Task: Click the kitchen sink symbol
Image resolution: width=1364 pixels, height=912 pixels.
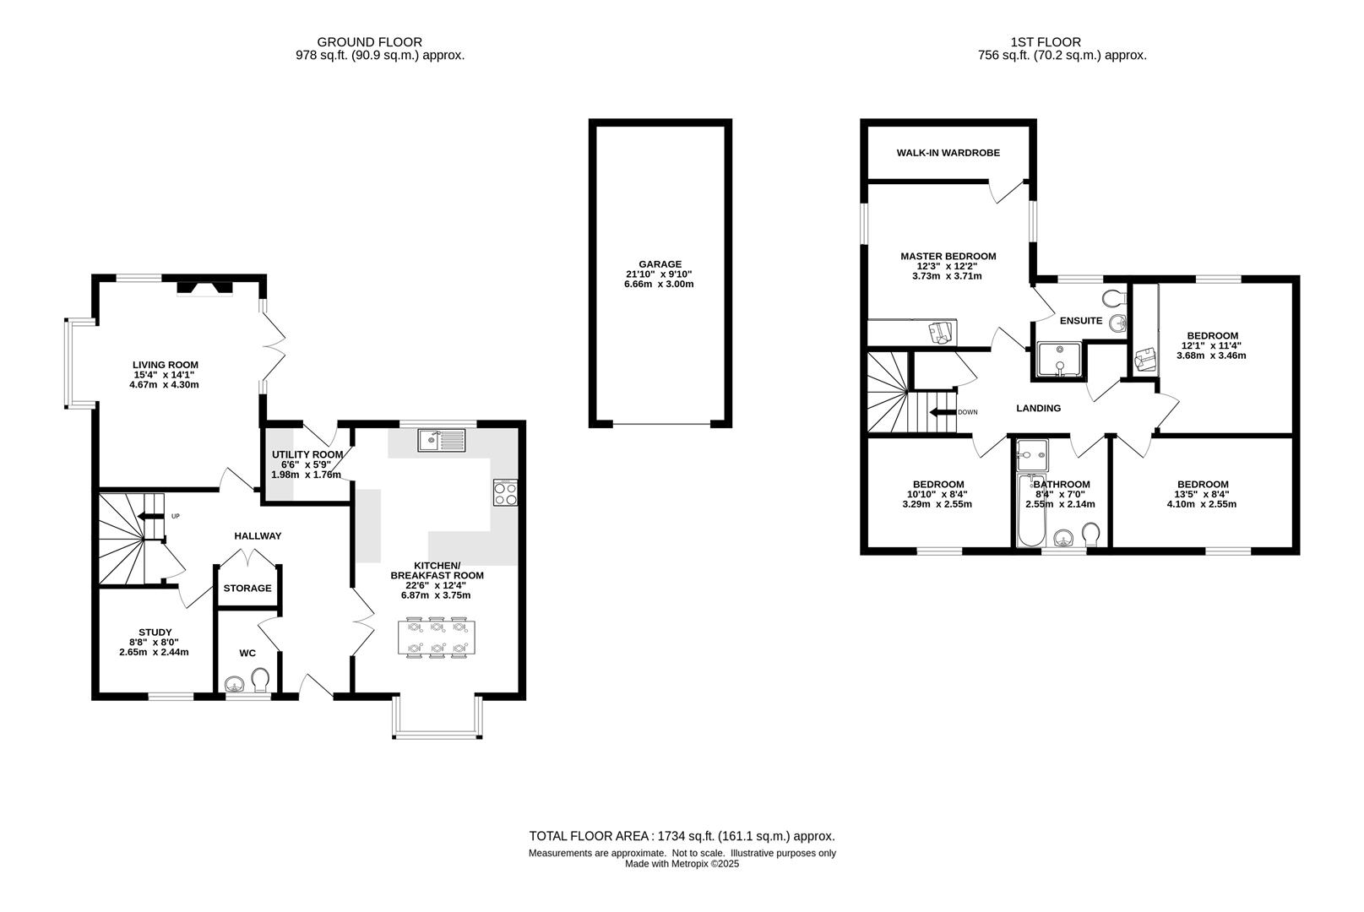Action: [x=442, y=440]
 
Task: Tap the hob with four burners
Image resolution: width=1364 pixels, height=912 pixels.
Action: [x=505, y=492]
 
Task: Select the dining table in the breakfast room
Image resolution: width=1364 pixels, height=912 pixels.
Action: [x=437, y=638]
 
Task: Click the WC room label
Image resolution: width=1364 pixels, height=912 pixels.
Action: [x=247, y=654]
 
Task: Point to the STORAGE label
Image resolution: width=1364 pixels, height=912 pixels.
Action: [x=247, y=588]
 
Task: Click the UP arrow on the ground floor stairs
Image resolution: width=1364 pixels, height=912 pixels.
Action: [x=151, y=516]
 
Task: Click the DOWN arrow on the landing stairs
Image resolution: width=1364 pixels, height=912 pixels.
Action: [x=942, y=412]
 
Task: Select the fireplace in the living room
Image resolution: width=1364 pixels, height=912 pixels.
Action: [x=204, y=288]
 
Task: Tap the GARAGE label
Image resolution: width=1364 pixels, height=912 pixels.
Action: [x=660, y=264]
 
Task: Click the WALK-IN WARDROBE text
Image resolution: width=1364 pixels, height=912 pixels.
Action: [x=948, y=153]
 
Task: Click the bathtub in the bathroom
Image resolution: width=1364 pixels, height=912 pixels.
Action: [x=1031, y=509]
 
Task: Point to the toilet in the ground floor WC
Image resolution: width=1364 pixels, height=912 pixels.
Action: [x=261, y=681]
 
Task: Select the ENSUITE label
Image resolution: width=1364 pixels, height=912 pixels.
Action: [x=1081, y=321]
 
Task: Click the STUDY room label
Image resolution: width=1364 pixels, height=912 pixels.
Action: [x=155, y=632]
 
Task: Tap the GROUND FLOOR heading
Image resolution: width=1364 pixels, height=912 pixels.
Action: [x=370, y=42]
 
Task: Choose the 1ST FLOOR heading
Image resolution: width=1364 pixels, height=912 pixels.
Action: [x=1046, y=42]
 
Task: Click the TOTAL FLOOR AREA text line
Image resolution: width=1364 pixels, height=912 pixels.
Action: [x=682, y=837]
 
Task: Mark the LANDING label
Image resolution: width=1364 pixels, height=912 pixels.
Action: [x=1038, y=408]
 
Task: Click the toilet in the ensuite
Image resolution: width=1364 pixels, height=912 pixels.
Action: [x=1114, y=298]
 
